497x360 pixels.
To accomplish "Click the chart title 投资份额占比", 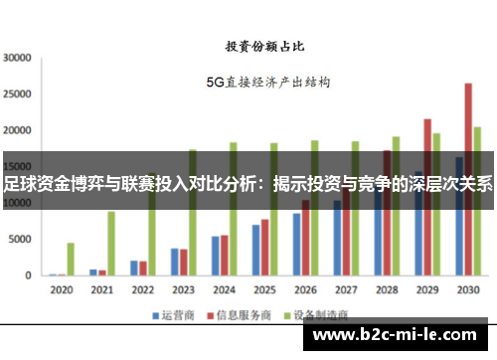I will [262, 46].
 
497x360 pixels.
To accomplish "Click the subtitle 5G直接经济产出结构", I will [267, 83].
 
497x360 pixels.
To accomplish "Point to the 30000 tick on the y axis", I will [19, 58].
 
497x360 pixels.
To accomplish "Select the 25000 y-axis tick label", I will [19, 93].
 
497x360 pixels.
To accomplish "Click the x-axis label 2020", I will [62, 290].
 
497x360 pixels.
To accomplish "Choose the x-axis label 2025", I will [263, 290].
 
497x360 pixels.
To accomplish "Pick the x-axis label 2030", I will [467, 290].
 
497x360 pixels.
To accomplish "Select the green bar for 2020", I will [71, 259].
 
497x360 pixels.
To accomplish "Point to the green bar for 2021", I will [111, 243].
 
